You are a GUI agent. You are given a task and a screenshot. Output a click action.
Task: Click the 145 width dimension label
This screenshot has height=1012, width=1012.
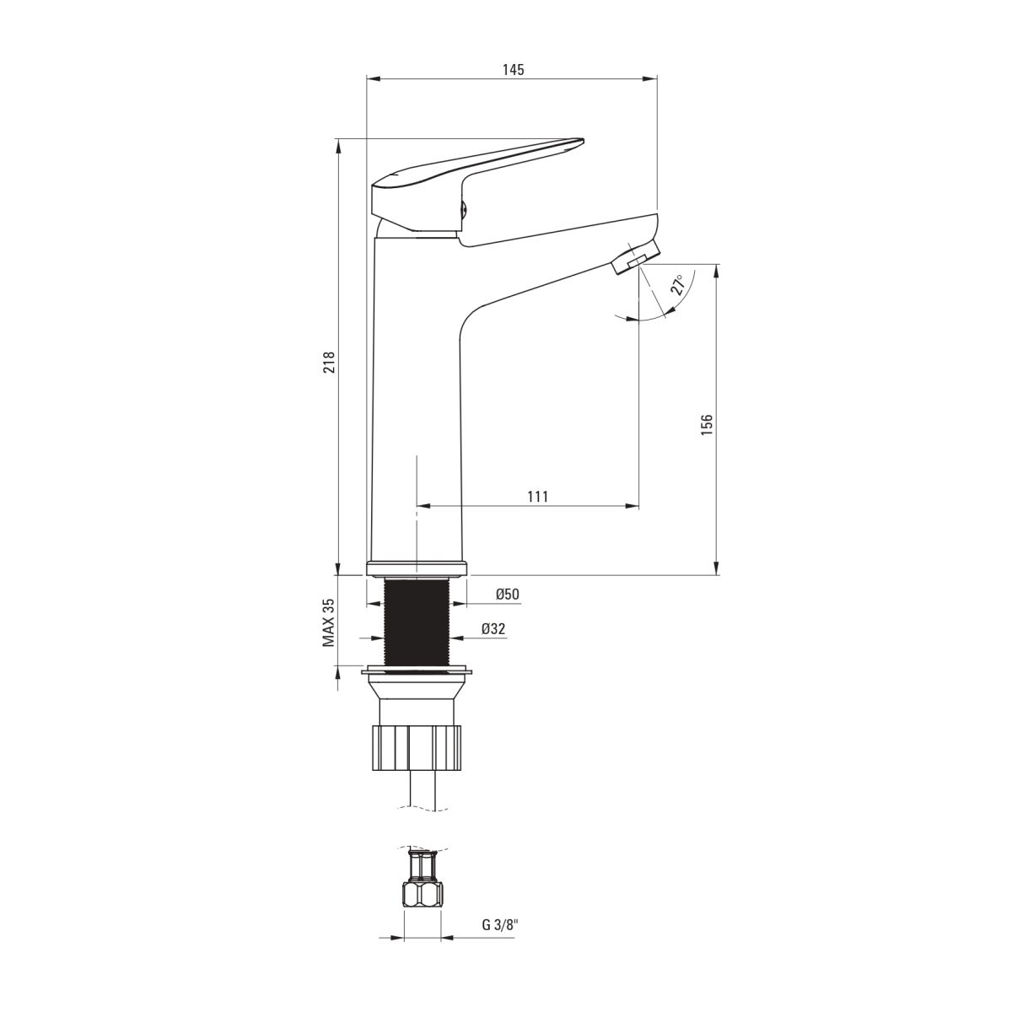513,70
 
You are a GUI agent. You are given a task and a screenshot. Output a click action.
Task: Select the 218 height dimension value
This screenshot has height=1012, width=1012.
329,362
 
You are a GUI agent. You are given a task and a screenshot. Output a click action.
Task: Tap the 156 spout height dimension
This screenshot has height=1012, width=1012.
707,425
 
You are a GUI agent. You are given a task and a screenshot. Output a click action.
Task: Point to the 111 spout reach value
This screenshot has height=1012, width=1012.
538,496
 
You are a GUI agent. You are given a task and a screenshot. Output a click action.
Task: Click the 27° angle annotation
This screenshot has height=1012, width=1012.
679,285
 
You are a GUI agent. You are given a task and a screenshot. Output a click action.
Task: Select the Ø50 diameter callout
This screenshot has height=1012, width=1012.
508,594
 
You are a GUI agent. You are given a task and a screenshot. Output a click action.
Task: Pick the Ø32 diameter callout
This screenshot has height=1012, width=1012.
493,628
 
